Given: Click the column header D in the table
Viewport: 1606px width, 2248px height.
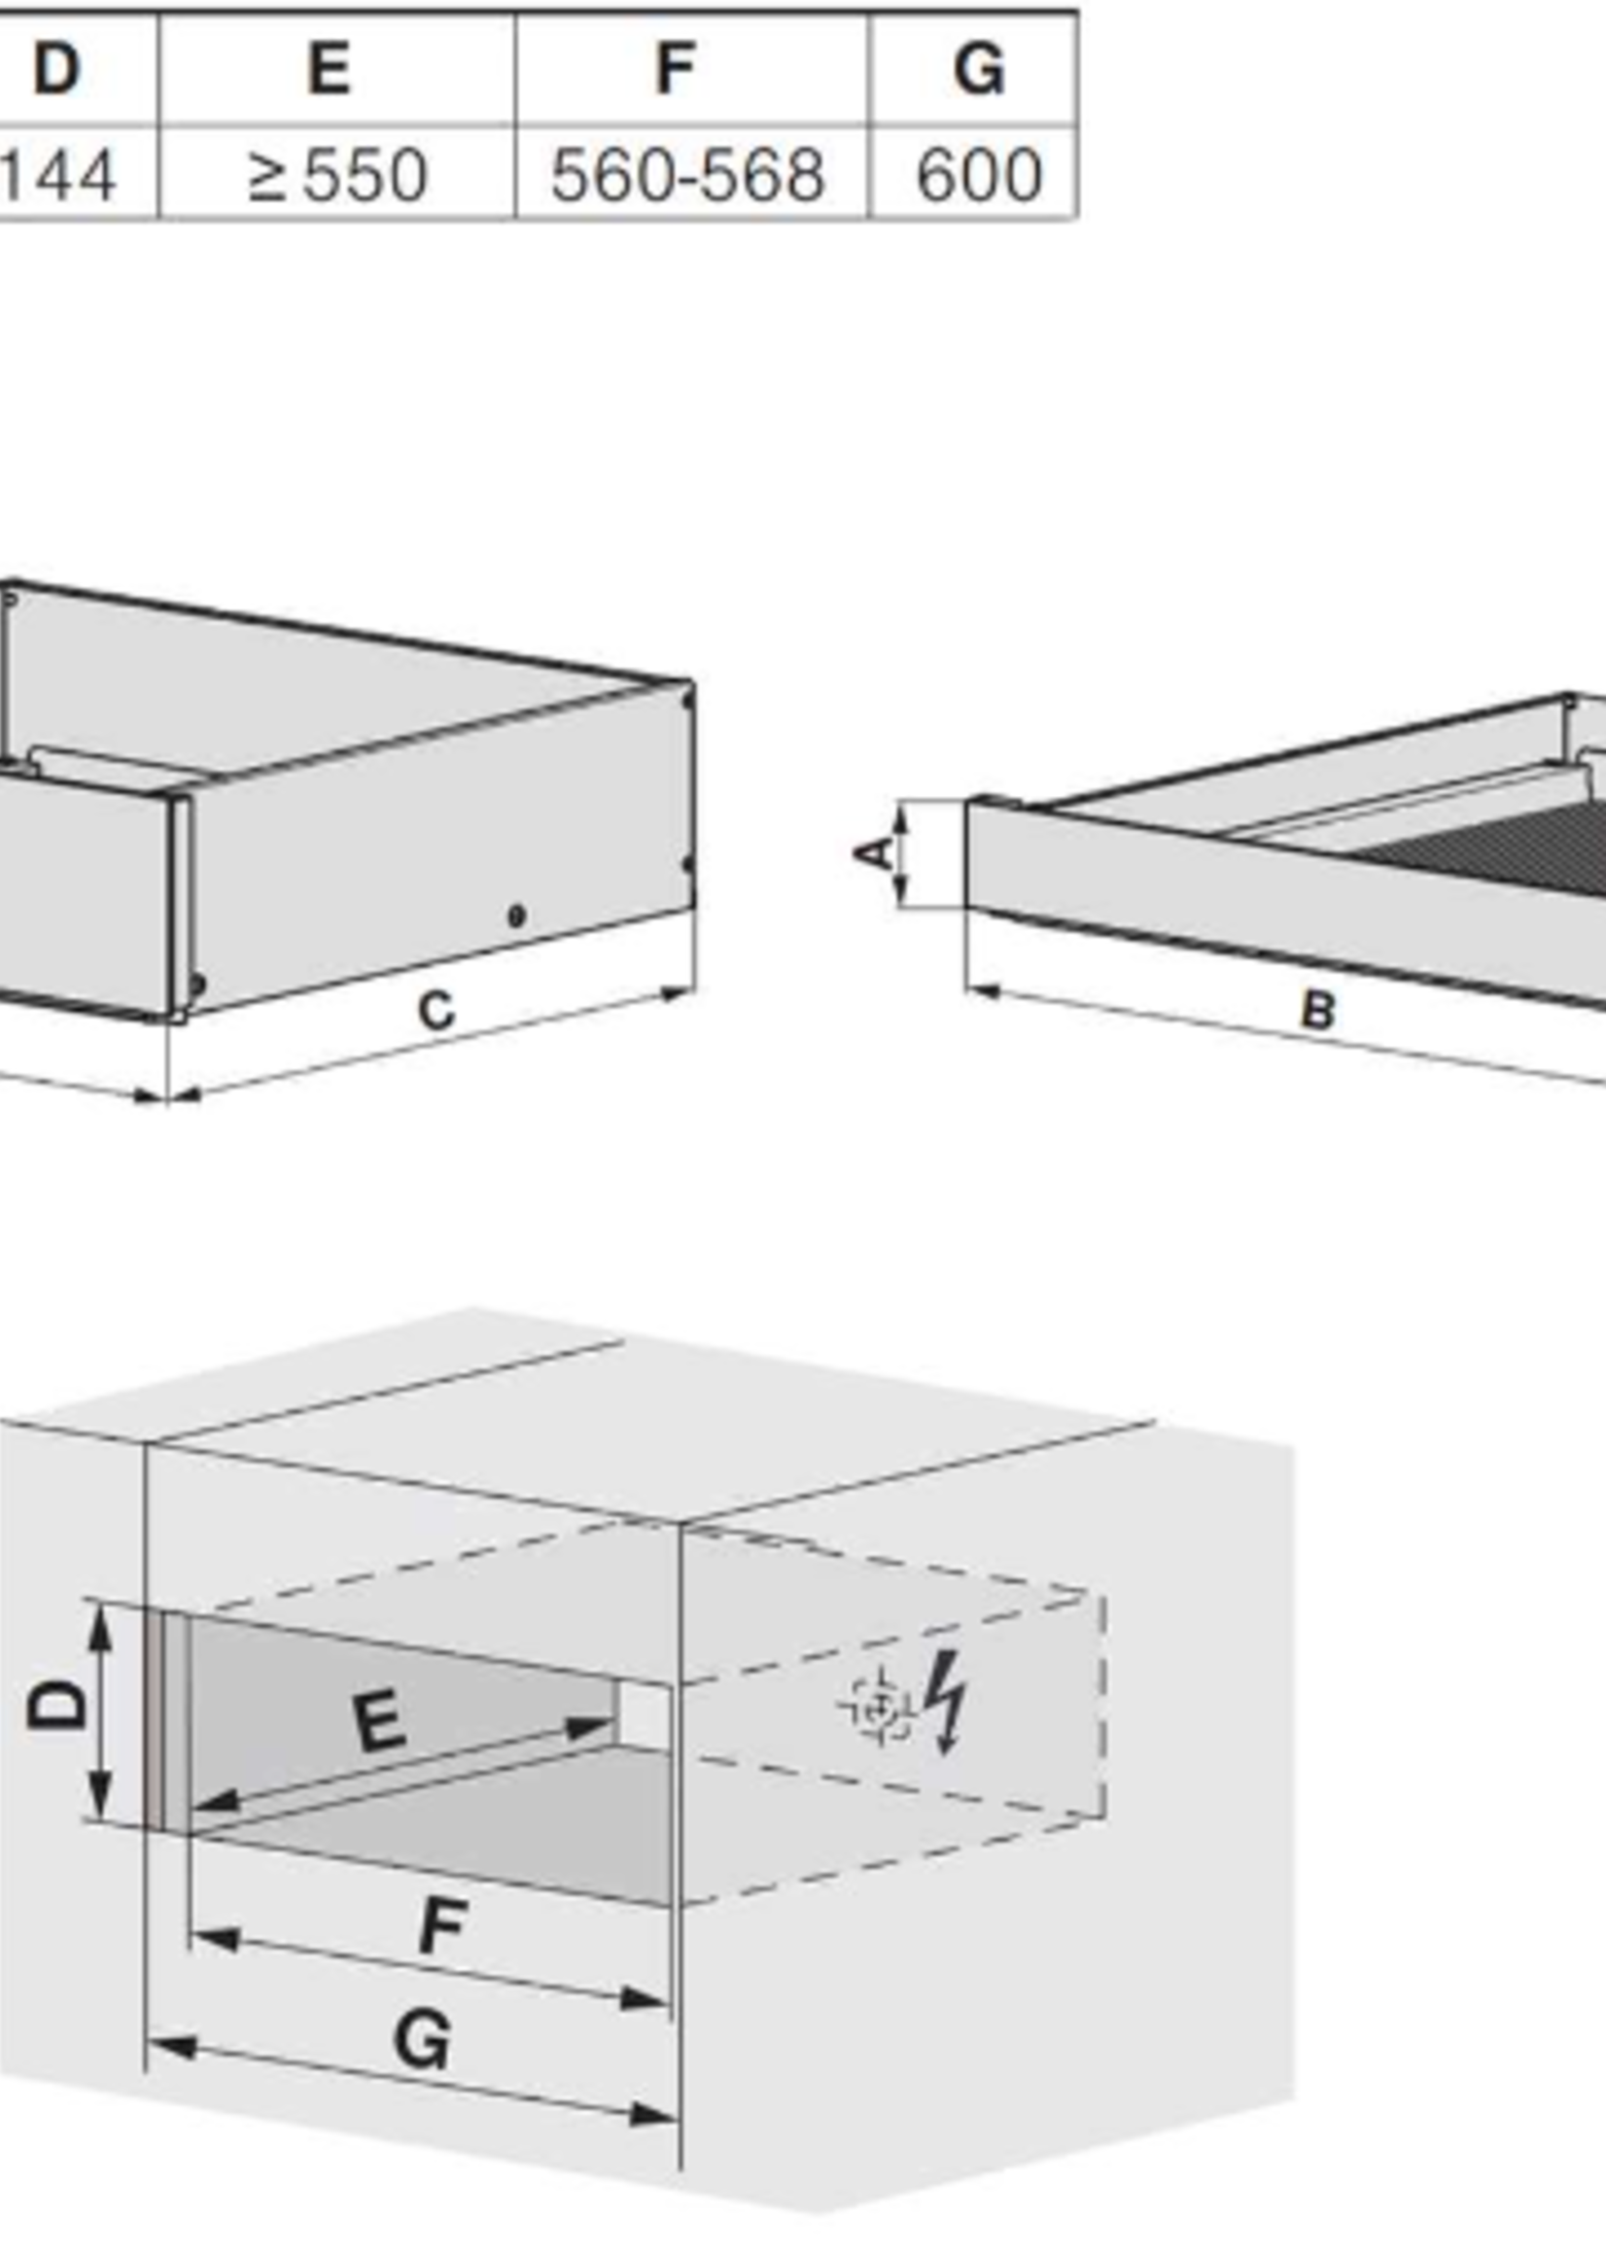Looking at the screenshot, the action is click(x=55, y=69).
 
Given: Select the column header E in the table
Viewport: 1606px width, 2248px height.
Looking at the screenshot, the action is click(x=330, y=69).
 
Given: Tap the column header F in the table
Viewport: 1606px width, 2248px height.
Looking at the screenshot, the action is click(x=676, y=69).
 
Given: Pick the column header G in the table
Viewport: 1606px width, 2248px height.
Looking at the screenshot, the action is click(x=979, y=69).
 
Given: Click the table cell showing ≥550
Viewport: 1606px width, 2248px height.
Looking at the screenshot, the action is click(x=337, y=175).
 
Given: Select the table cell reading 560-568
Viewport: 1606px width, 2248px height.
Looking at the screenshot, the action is click(x=687, y=175).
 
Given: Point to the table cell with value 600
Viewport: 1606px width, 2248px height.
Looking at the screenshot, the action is click(x=979, y=175).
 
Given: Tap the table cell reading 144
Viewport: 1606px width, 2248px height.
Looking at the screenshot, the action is click(x=57, y=175).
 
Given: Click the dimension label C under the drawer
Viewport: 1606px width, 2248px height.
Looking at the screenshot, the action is click(x=436, y=1011).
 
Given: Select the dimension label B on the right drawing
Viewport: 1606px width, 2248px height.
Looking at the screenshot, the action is click(x=1318, y=1011).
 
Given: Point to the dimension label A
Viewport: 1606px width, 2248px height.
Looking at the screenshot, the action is click(x=873, y=853).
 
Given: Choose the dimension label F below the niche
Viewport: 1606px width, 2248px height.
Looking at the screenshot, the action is click(x=442, y=1925).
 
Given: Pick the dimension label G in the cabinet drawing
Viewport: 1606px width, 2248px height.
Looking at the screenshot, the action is click(x=423, y=2040).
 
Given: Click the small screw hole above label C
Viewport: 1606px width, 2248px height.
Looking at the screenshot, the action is click(x=514, y=916).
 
